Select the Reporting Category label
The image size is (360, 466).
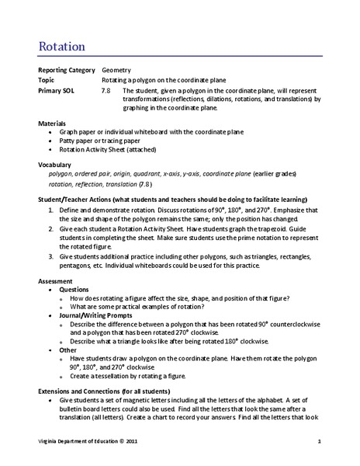click(x=67, y=70)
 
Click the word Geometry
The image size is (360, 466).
click(x=118, y=70)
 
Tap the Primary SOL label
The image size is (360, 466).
click(x=57, y=90)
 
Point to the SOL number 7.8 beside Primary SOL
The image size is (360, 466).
click(x=106, y=90)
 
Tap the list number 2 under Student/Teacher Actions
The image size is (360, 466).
click(x=50, y=230)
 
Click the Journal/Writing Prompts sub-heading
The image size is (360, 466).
click(x=98, y=316)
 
